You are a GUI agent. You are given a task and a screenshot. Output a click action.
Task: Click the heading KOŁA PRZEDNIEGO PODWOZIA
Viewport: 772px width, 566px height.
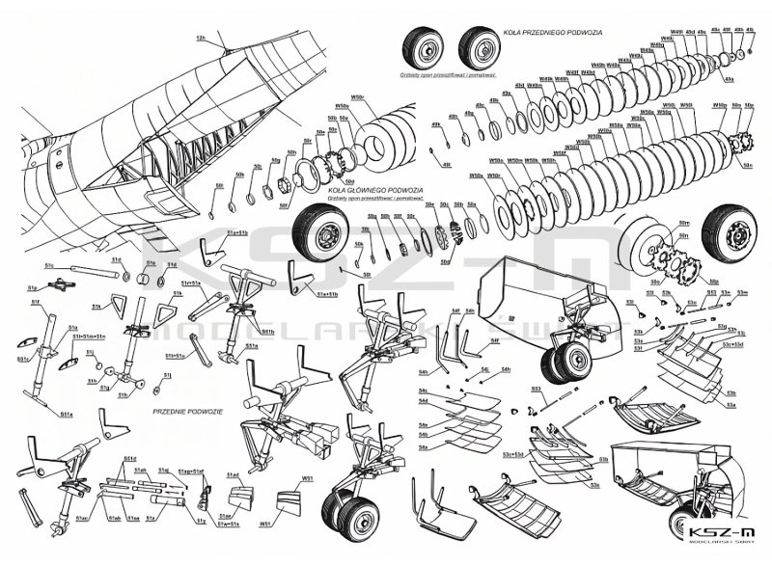coord(541,32)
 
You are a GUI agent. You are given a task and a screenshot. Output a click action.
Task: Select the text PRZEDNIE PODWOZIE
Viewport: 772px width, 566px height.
coord(188,411)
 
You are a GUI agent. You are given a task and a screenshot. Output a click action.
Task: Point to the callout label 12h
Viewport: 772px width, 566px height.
coord(201,39)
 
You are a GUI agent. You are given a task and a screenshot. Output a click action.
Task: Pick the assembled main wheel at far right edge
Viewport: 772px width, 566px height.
coord(733,239)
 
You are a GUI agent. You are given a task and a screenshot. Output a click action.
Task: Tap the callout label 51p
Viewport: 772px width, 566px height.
coord(33,287)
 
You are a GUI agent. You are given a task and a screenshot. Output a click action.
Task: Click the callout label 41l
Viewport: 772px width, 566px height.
coord(446,166)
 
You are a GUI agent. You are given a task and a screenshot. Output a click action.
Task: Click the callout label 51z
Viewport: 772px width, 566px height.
coord(201,521)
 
